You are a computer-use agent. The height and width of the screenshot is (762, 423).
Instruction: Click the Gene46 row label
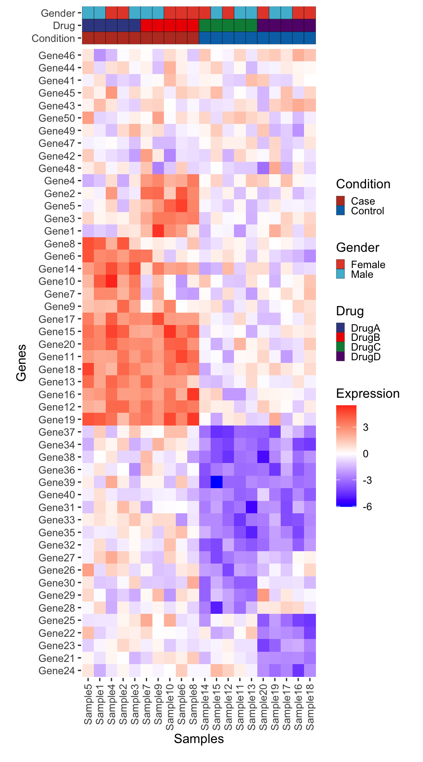[57, 56]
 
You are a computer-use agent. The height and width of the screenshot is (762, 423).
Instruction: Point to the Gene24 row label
[57, 671]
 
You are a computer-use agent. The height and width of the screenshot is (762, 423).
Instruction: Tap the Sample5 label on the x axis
[88, 703]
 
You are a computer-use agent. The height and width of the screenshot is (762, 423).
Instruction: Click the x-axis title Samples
[199, 739]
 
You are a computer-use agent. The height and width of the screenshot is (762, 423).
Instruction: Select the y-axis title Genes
[21, 362]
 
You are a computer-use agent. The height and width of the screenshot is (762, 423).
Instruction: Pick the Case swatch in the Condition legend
[341, 201]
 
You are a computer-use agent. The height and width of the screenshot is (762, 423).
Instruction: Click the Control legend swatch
[341, 211]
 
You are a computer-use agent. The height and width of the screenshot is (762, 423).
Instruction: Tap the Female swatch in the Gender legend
[341, 265]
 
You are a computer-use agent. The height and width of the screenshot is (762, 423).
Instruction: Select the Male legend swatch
[341, 274]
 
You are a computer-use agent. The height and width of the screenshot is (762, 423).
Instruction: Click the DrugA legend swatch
[341, 328]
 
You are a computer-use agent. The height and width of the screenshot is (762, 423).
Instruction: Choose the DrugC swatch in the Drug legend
[341, 347]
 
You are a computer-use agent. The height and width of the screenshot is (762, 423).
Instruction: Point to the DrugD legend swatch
[341, 357]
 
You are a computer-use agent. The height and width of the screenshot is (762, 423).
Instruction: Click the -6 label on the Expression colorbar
[367, 507]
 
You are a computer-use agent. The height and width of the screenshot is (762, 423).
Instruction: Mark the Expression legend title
[367, 393]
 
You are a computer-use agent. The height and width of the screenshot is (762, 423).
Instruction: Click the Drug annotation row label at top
[64, 26]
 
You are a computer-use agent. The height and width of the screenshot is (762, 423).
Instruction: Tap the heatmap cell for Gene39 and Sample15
[216, 482]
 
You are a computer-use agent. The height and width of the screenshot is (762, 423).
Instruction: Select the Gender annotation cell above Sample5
[88, 13]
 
